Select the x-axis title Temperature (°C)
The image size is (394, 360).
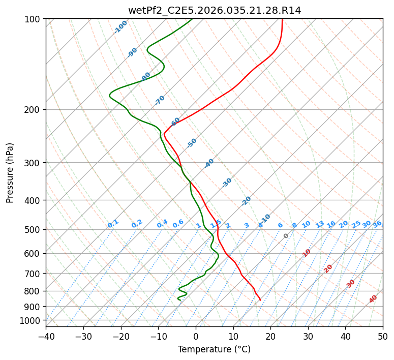coord(214,349)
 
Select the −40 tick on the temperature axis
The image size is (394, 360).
coord(46,336)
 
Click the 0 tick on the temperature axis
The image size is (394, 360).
coord(196,336)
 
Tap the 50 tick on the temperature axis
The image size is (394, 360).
coord(383,336)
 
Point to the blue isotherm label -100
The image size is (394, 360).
coord(120,27)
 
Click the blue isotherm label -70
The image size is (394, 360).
coord(160,100)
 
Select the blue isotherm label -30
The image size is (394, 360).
coord(227,183)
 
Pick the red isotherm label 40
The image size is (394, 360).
coord(373,299)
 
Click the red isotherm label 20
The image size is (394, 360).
coord(328,268)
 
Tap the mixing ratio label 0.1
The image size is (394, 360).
coord(113,224)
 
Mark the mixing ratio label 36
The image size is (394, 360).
coord(377,224)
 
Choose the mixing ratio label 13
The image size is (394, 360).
coord(320,224)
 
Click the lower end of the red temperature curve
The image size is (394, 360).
coord(260,300)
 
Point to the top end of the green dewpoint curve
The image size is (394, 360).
coord(192,19)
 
